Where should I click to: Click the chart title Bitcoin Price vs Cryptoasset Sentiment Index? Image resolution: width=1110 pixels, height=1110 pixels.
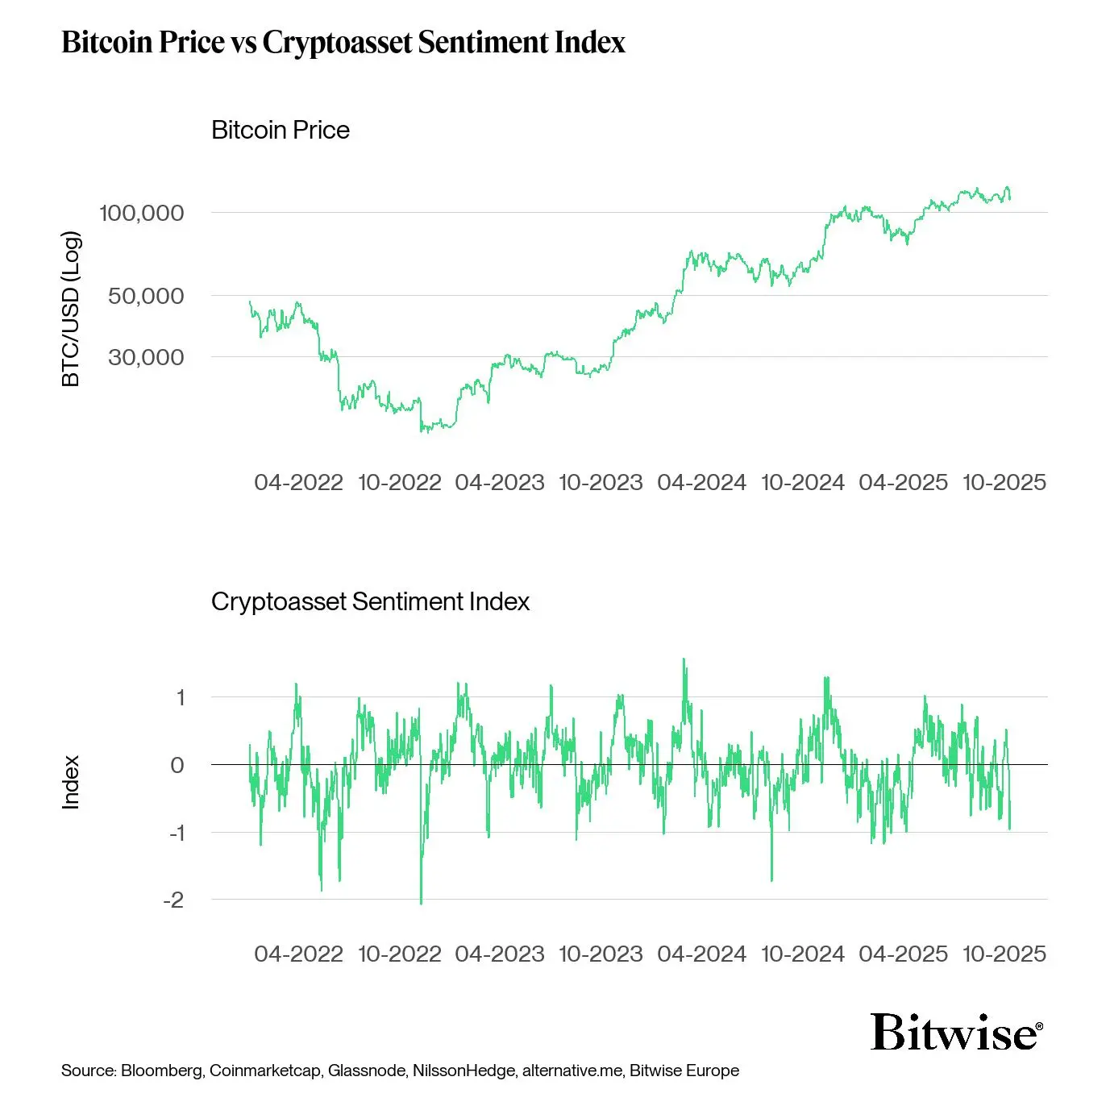(x=343, y=42)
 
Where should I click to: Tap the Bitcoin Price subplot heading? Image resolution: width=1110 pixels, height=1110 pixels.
(x=281, y=130)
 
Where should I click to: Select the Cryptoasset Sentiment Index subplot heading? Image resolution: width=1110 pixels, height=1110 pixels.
(x=370, y=601)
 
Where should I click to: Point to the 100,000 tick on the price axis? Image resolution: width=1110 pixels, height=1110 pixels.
(x=141, y=213)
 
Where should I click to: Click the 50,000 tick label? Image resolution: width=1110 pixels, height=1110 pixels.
(x=146, y=296)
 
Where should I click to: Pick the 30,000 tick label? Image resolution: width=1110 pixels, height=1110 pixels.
(x=146, y=357)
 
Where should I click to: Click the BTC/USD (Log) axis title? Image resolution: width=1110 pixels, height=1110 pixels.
(x=71, y=309)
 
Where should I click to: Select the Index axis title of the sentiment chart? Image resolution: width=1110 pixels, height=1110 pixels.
(x=71, y=782)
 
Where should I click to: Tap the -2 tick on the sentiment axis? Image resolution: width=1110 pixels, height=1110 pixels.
(x=173, y=900)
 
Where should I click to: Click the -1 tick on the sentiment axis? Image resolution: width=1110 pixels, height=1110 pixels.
(x=177, y=833)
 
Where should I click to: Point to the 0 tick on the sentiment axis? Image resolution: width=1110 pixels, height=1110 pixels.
(x=177, y=765)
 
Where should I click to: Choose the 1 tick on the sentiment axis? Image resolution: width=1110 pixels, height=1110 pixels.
(x=181, y=697)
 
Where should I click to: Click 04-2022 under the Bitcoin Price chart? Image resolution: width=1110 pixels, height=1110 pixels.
(x=298, y=482)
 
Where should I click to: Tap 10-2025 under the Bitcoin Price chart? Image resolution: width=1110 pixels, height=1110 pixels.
(x=1004, y=482)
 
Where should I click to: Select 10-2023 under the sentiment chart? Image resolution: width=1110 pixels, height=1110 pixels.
(x=601, y=954)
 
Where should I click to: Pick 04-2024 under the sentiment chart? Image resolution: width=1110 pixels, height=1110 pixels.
(x=701, y=954)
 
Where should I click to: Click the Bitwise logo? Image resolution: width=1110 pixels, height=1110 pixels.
(x=956, y=1033)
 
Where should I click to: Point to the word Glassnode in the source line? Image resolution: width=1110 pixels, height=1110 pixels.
(x=367, y=1071)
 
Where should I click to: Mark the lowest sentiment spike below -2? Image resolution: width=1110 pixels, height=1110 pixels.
(x=421, y=902)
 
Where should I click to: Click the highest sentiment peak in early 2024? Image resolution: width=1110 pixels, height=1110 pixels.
(x=684, y=660)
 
